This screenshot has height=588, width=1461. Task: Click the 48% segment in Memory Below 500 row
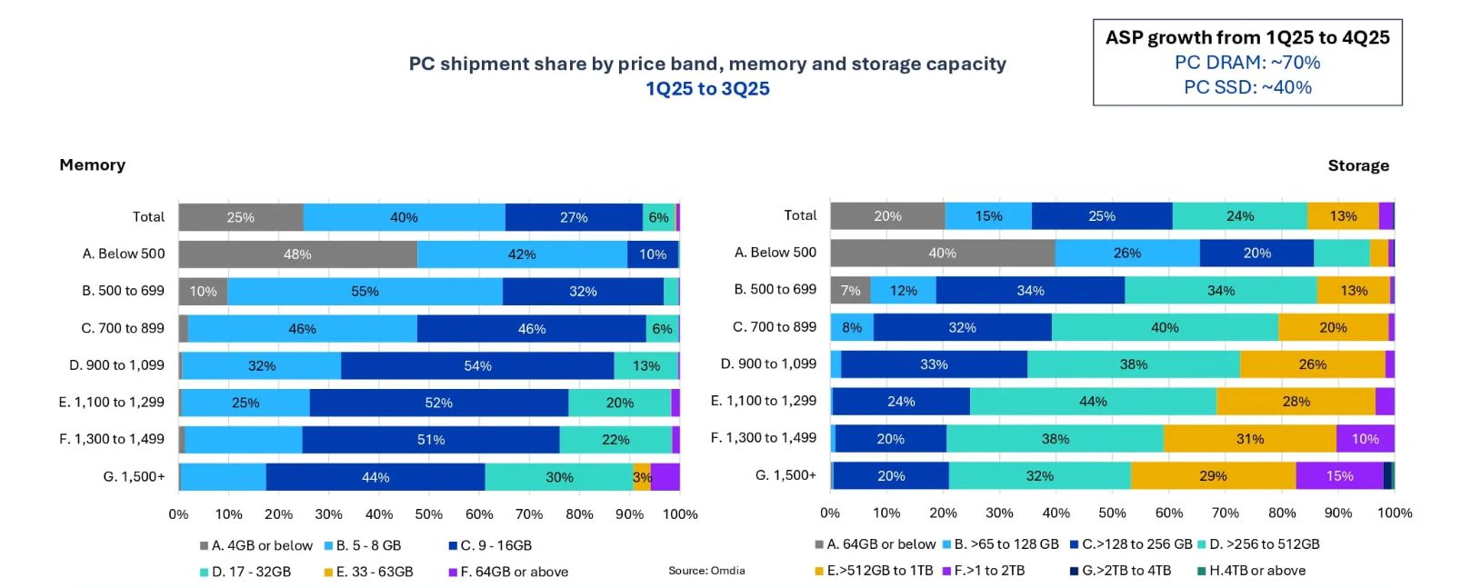(x=297, y=254)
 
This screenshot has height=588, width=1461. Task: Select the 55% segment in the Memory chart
(x=365, y=292)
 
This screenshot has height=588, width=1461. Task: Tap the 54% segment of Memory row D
(x=477, y=365)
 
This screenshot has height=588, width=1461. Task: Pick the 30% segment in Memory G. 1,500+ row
(x=559, y=477)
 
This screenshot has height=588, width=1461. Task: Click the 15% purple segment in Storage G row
(x=1339, y=476)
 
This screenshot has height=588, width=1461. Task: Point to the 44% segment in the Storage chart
(x=1093, y=402)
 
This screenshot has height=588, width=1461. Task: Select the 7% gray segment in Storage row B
(x=850, y=291)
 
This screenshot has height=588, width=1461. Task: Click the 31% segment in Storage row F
(x=1250, y=439)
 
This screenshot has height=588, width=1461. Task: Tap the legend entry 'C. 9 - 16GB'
(x=490, y=545)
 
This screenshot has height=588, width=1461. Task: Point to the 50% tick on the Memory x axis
(x=428, y=514)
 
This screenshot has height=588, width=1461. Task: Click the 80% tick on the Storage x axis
(x=1282, y=513)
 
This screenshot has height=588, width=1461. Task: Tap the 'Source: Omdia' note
(x=706, y=571)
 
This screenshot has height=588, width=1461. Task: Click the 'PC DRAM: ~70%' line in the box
(x=1247, y=63)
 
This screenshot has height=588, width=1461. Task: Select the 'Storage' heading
(x=1358, y=165)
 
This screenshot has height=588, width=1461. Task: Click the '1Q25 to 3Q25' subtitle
(x=707, y=89)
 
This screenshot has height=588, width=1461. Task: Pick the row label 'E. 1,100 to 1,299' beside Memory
(x=112, y=402)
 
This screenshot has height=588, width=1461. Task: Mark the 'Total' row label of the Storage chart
(x=800, y=215)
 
